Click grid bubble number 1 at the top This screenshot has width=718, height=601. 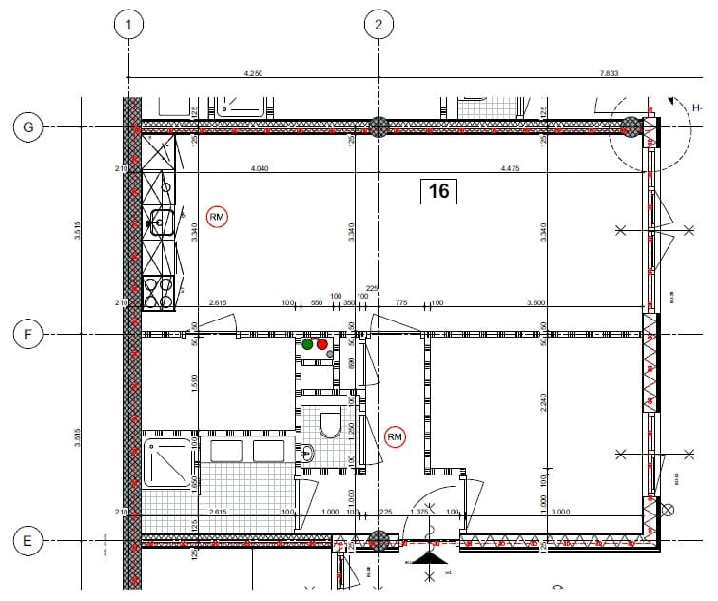[128, 25]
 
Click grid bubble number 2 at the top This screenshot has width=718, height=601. [378, 25]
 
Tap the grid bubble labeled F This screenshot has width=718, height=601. [28, 334]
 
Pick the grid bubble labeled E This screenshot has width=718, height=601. [28, 542]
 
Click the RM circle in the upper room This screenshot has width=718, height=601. [218, 217]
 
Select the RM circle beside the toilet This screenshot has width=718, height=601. [396, 436]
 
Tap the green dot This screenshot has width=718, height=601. [308, 343]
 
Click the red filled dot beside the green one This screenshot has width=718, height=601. [321, 343]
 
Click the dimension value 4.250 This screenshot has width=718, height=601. [253, 72]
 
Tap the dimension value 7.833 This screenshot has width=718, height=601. [610, 72]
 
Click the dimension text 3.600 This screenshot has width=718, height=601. [563, 302]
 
